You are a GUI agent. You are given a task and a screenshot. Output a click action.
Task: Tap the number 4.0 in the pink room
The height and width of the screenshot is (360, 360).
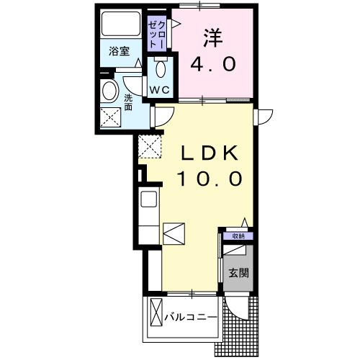213,64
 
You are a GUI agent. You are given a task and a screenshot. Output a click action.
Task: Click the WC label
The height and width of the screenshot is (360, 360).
159,90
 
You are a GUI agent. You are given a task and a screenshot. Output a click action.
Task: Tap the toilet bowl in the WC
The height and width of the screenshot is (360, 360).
160,70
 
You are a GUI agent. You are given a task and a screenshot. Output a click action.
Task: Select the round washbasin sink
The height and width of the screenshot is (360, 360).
110,91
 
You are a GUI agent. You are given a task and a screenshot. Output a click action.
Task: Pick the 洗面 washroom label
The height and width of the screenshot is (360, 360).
128,102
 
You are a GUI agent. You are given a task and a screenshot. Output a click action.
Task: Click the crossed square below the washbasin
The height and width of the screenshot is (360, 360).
111,117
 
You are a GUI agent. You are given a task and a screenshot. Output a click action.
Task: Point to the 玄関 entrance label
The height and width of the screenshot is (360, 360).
238,274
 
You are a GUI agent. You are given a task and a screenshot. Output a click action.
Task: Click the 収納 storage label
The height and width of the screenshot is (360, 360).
238,235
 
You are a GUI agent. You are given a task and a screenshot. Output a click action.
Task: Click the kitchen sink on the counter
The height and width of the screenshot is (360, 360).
148,199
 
